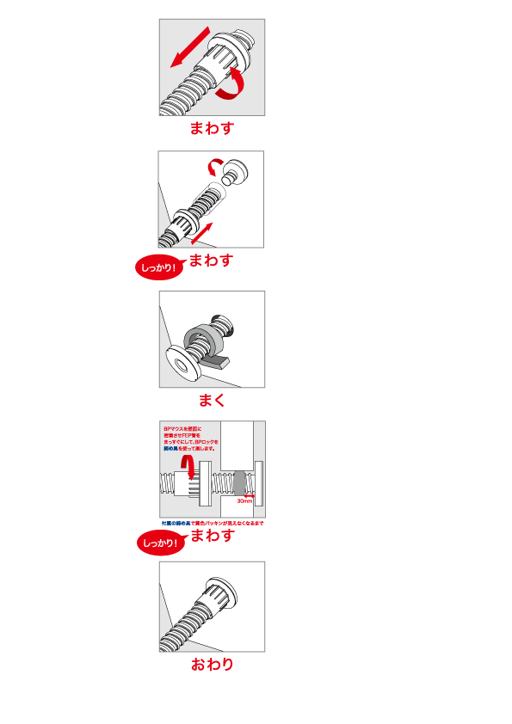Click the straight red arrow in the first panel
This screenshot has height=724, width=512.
(x=190, y=46)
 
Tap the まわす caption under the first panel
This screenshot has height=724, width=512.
(x=212, y=128)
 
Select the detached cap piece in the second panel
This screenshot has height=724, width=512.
(x=236, y=175)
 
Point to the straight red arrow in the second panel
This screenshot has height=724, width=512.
(x=200, y=231)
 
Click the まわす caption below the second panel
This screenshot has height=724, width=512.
(x=211, y=260)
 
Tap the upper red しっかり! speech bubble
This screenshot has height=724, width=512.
(x=159, y=267)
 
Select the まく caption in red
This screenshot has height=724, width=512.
(x=212, y=400)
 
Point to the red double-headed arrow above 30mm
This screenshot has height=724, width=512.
(x=245, y=495)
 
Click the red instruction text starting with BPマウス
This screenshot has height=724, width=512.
(x=190, y=438)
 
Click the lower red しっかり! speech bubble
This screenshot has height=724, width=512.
(x=160, y=543)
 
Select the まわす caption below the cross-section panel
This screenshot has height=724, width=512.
(x=212, y=535)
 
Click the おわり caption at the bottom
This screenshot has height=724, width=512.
(x=212, y=664)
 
